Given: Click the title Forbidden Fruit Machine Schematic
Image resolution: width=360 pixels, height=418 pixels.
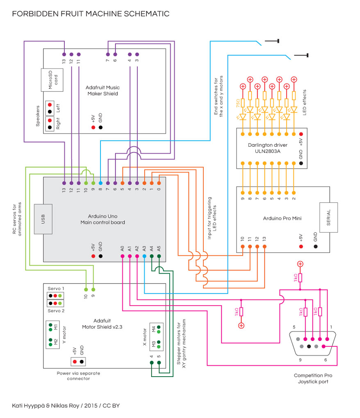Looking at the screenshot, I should click(x=91, y=14).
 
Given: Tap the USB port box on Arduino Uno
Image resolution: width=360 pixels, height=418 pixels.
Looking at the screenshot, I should click(x=43, y=219).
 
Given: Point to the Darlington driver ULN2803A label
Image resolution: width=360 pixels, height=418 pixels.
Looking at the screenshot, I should click(x=267, y=148).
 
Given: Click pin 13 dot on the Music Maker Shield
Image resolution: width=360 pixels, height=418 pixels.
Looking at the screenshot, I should click(x=64, y=55).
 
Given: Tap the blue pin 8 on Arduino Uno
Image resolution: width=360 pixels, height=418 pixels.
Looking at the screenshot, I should click(x=100, y=183).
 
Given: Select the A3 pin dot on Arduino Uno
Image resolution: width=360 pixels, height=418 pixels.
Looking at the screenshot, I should click(x=144, y=256).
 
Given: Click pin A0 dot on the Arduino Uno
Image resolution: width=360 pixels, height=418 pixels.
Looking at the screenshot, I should click(x=122, y=256).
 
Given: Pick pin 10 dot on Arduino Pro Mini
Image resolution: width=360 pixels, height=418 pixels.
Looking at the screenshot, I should click(x=243, y=246).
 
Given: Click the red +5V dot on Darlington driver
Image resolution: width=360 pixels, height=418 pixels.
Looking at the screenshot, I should click(x=301, y=134).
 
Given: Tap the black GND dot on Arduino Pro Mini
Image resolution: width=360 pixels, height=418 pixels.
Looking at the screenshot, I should click(x=316, y=246).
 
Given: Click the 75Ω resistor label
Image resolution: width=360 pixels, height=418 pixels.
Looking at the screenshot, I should click(x=237, y=103).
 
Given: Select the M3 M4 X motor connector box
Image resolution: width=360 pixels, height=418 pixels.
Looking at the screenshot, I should click(x=156, y=336).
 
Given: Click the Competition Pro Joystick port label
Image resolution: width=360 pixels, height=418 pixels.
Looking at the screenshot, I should click(x=313, y=378).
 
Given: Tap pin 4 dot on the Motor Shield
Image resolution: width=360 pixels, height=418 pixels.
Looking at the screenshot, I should click(x=152, y=362).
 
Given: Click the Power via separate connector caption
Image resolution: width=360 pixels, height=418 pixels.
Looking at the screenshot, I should click(x=78, y=376).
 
